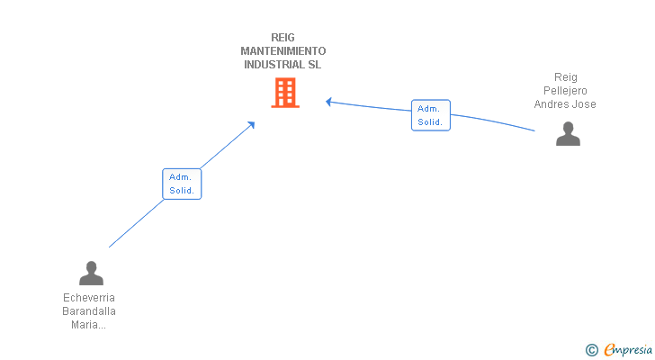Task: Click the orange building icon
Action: point(285,93)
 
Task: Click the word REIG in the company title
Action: point(283,38)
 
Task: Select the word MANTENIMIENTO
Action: point(283,51)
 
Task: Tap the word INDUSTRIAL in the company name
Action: point(274,65)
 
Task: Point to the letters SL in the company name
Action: point(315,65)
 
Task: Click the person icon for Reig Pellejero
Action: point(568,133)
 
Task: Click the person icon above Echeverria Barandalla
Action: point(91,273)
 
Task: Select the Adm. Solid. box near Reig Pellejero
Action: point(431,115)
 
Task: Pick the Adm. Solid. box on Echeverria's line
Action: point(182,184)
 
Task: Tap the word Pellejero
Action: point(565,91)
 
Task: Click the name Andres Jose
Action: point(565,104)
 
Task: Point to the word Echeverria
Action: point(89,298)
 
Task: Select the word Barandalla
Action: point(89,311)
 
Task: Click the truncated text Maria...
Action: point(88,325)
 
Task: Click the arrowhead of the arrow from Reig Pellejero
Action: point(328,102)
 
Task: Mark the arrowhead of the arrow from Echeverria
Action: point(252,124)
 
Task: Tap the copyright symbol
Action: point(591,350)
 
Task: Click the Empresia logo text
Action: point(628,350)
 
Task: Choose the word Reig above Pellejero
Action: point(566,77)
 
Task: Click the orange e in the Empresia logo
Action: point(609,349)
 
